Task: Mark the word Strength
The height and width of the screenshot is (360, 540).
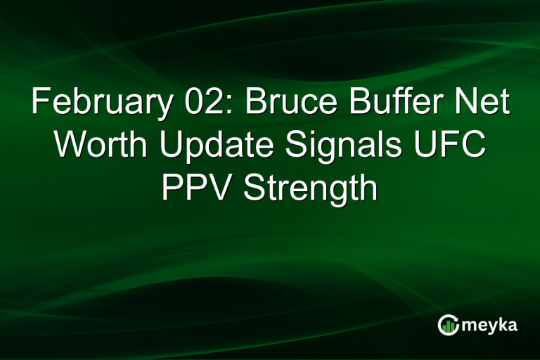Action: (x=311, y=188)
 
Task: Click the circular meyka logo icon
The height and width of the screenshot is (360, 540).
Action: (x=448, y=325)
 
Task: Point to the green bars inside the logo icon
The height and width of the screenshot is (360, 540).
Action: (x=449, y=326)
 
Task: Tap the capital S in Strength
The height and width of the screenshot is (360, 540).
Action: (x=255, y=188)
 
